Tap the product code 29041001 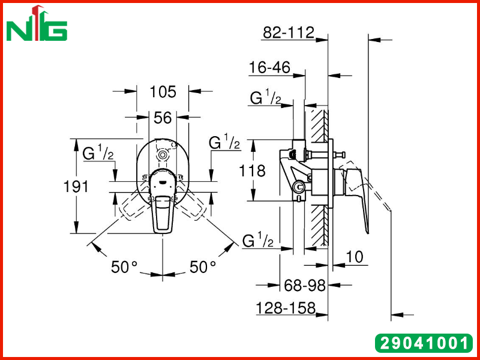[424, 343]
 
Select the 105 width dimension [163, 92]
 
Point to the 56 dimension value [163, 118]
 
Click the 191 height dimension [76, 186]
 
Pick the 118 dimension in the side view [252, 170]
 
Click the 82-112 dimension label [289, 32]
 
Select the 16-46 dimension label [269, 67]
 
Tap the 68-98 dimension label [305, 286]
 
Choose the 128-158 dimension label [286, 308]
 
